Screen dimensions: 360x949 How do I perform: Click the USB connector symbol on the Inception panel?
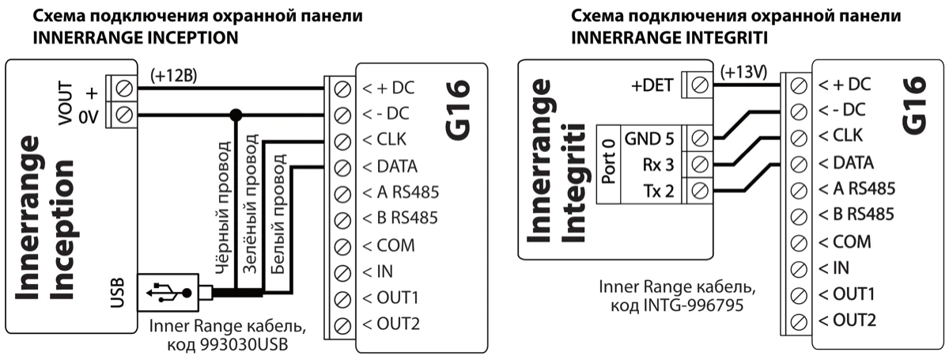click(168, 293)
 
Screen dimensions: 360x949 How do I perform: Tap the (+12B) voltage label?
click(173, 76)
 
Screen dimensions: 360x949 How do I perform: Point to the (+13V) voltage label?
click(743, 73)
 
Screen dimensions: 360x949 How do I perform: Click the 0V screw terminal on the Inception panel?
click(123, 115)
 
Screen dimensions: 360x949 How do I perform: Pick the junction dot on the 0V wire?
click(234, 115)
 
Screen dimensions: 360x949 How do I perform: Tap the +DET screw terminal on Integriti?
click(699, 83)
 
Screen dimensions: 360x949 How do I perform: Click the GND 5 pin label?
click(649, 138)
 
